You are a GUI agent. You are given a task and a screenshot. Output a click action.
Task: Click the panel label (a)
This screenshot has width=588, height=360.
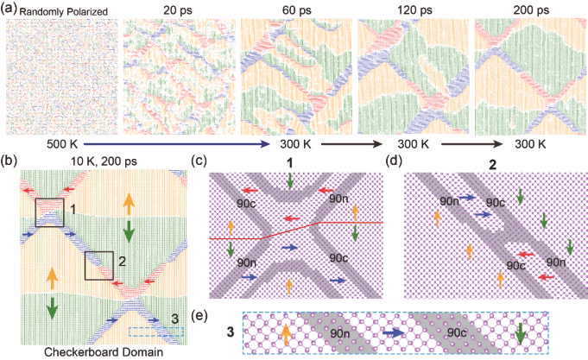click(x=11, y=9)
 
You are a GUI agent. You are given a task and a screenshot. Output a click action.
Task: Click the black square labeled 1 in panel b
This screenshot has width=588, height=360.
click(x=48, y=212)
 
